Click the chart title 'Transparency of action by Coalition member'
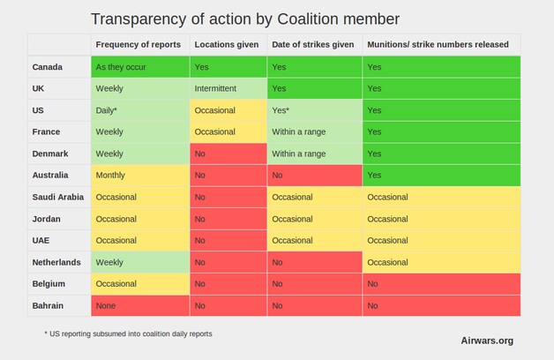[x=245, y=19]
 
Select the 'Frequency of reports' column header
[x=138, y=44]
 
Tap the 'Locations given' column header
[x=227, y=44]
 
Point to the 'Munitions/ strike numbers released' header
[x=438, y=44]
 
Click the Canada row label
[x=48, y=67]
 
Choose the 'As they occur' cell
[x=140, y=67]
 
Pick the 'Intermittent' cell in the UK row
[x=228, y=88]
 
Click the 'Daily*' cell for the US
[x=140, y=110]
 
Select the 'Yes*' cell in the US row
[x=314, y=110]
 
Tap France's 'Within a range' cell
[x=314, y=131]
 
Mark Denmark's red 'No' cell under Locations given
[x=228, y=154]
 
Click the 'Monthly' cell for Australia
[x=140, y=176]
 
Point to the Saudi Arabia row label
[x=58, y=197]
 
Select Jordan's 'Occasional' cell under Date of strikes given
[x=314, y=219]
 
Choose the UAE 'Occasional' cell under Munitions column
[x=442, y=241]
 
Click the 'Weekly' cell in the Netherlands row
[x=140, y=262]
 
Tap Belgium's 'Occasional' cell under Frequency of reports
[x=140, y=284]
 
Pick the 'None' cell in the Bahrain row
[x=140, y=305]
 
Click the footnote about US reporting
[x=128, y=334]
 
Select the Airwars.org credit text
[x=487, y=341]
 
